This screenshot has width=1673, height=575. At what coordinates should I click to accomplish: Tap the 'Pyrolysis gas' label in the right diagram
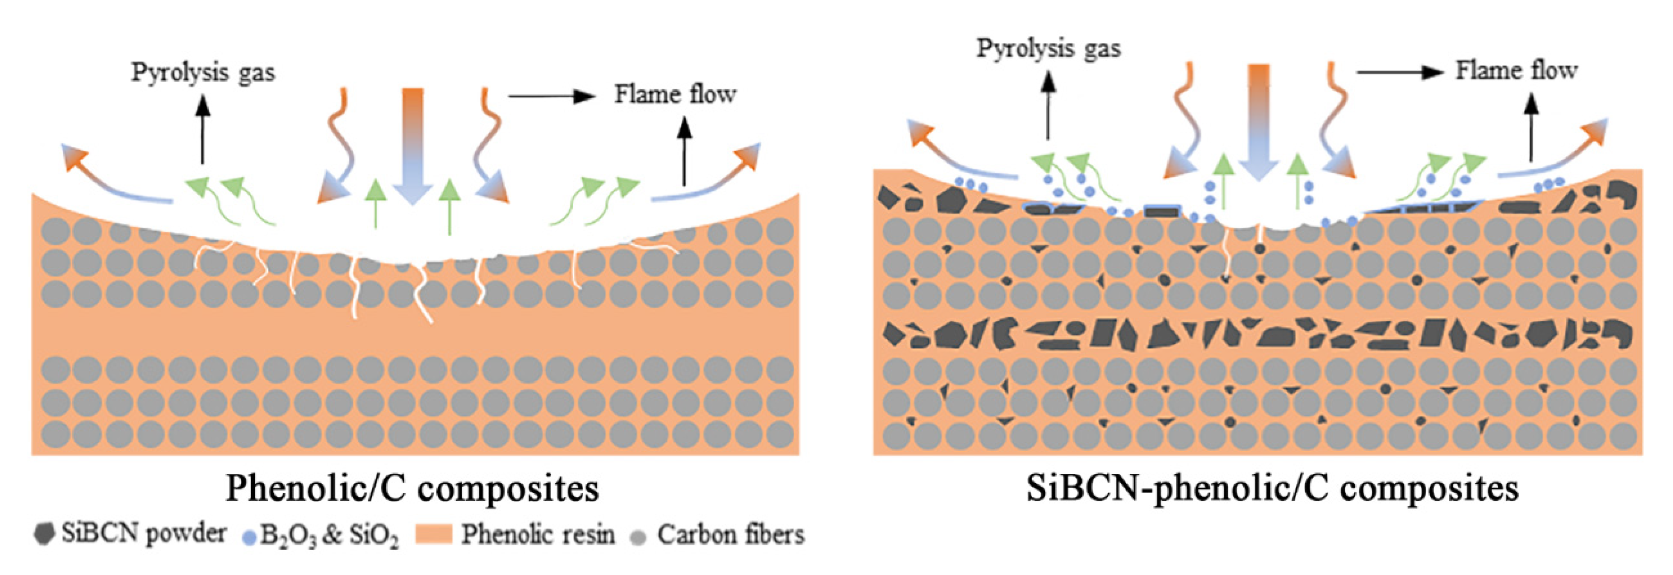[1048, 49]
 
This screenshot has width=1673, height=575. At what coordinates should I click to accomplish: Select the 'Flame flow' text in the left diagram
[675, 95]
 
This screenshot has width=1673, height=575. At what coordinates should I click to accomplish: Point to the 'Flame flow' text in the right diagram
[1516, 70]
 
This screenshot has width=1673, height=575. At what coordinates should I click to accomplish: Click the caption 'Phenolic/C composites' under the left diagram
[412, 489]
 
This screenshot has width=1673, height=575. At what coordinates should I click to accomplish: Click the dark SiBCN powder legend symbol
[44, 534]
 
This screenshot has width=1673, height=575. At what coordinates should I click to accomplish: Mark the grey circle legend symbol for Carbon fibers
[638, 537]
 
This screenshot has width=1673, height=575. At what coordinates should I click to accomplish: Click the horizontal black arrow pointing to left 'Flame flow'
[552, 97]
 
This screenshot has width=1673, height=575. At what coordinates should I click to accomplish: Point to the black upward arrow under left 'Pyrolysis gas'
[203, 129]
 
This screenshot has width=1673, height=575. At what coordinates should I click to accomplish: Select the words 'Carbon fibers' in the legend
[730, 535]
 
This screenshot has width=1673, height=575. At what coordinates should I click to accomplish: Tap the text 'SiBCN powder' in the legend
[144, 533]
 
